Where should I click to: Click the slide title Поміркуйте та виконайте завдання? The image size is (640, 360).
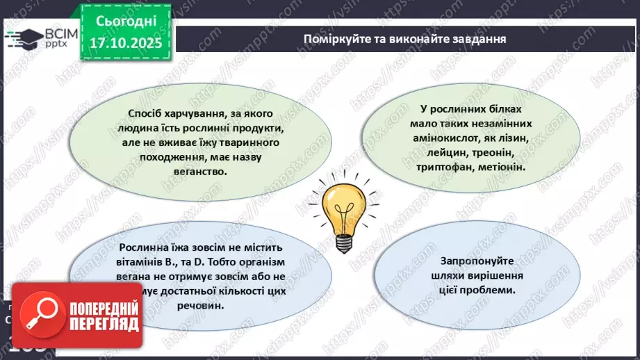click(x=404, y=38)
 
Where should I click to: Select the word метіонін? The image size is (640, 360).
click(x=502, y=167)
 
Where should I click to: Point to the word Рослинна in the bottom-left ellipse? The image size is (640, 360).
click(x=142, y=247)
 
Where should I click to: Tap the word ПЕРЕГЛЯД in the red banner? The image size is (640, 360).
click(x=102, y=325)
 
